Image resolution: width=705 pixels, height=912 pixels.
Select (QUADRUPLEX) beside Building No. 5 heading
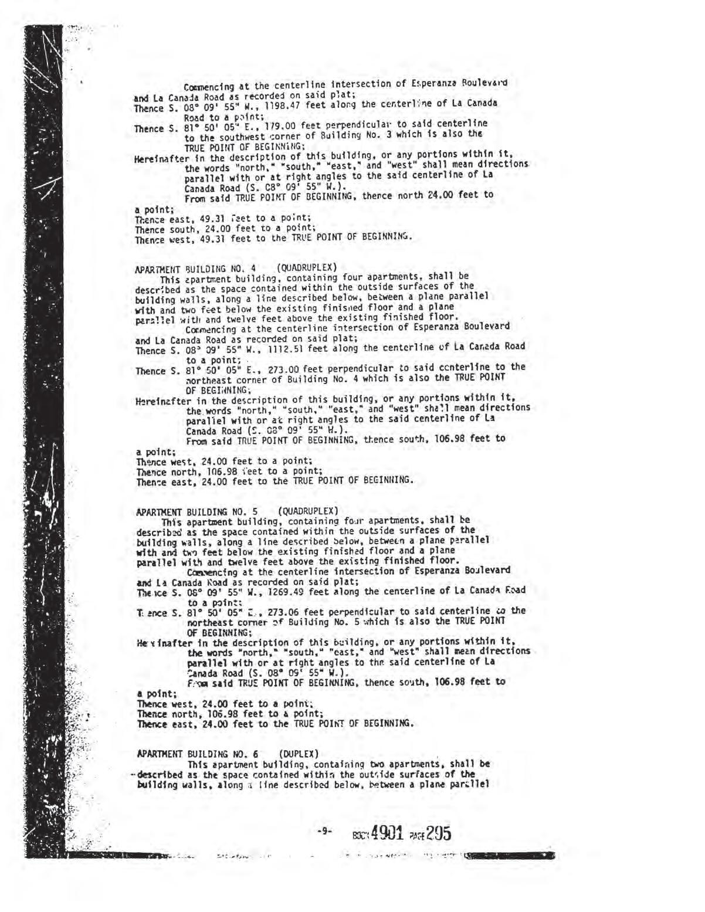(x=309, y=511)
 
